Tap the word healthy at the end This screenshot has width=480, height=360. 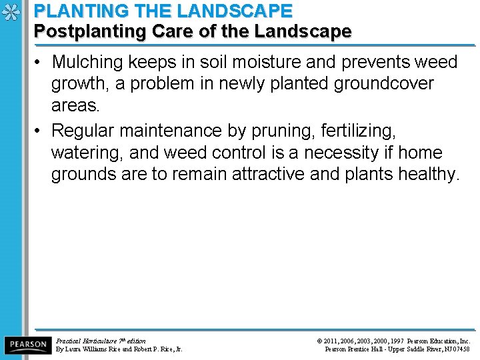tap(429, 174)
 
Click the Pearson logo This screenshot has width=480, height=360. tap(27, 345)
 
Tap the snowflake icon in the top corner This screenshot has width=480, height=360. tap(10, 12)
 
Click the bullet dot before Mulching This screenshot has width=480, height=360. tap(40, 63)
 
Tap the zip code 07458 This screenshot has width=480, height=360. tap(460, 349)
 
